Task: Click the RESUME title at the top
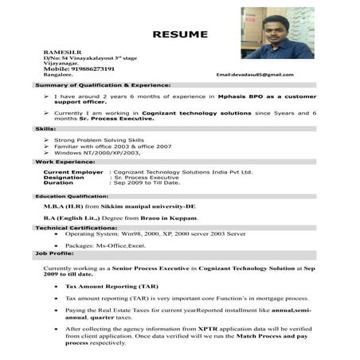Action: (x=180, y=34)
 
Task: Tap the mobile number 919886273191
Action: (x=79, y=68)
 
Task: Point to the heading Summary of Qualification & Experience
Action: (x=102, y=84)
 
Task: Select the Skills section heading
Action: (x=45, y=127)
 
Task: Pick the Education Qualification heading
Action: (x=72, y=194)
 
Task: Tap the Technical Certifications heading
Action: (x=75, y=228)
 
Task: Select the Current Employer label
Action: (x=73, y=171)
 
